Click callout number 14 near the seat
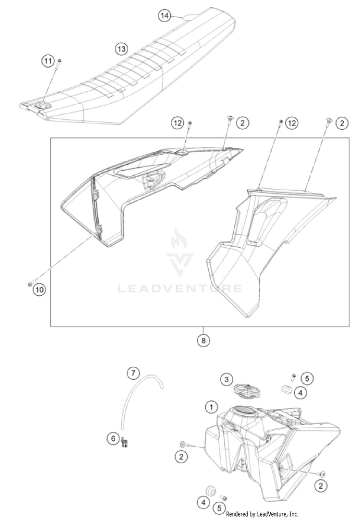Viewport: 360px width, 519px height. [x=165, y=16]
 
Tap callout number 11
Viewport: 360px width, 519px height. [x=48, y=61]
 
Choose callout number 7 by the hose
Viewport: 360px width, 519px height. [x=133, y=373]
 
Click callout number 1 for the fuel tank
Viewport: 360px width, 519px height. [x=210, y=407]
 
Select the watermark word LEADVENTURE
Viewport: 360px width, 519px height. [x=180, y=289]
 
